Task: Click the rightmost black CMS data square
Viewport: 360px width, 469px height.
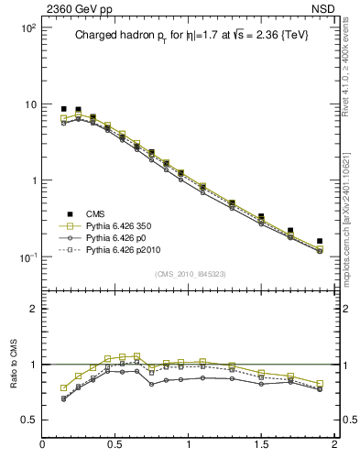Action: coord(320,241)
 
